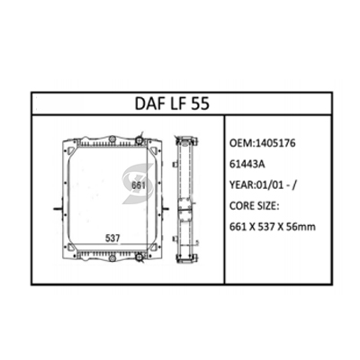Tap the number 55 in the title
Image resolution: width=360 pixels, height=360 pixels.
click(x=200, y=103)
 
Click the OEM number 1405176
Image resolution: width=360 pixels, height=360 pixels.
click(x=274, y=143)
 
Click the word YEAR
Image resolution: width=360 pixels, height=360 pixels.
click(x=241, y=185)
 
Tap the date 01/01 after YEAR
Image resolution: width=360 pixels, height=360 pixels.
click(x=269, y=185)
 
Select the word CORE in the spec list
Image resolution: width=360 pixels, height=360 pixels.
click(x=242, y=206)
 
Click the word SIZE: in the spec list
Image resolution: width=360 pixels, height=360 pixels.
click(x=269, y=206)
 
